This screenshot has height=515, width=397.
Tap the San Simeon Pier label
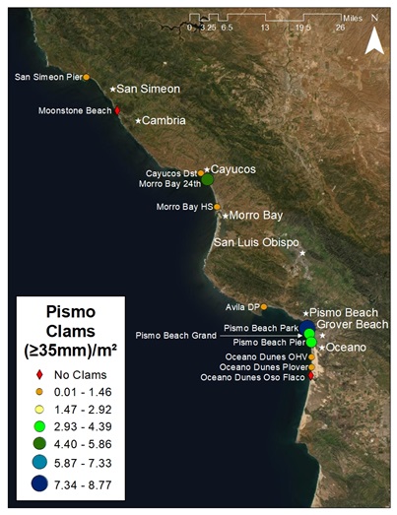[48, 77]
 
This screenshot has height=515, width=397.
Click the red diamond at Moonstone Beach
[118, 111]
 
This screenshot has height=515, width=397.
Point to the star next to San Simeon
[113, 89]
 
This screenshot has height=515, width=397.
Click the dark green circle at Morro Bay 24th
[207, 179]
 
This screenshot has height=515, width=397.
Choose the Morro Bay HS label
[184, 207]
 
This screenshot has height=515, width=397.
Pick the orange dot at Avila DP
[263, 306]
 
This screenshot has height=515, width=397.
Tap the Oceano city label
[346, 348]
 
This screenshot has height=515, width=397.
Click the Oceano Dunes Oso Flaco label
[253, 377]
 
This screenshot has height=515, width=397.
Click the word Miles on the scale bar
[353, 17]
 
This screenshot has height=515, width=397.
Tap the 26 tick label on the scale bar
[339, 28]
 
